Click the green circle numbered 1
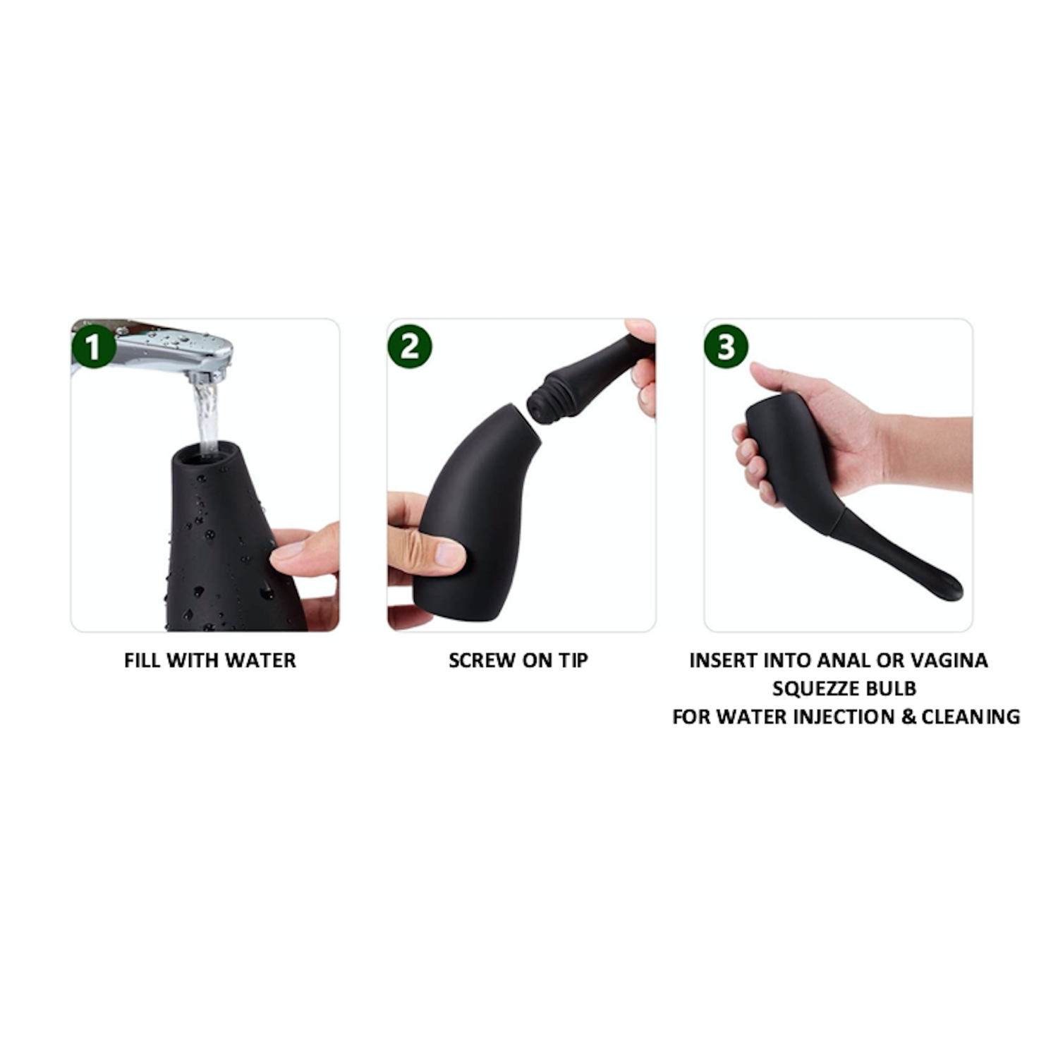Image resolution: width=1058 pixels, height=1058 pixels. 93,347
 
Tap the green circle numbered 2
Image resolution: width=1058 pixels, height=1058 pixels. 410,347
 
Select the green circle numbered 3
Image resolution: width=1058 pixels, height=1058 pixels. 726,347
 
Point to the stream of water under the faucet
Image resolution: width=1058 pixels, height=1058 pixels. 207,416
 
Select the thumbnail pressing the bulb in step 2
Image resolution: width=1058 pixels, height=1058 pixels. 449,553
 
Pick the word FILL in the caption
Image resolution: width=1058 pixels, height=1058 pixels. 141,661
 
